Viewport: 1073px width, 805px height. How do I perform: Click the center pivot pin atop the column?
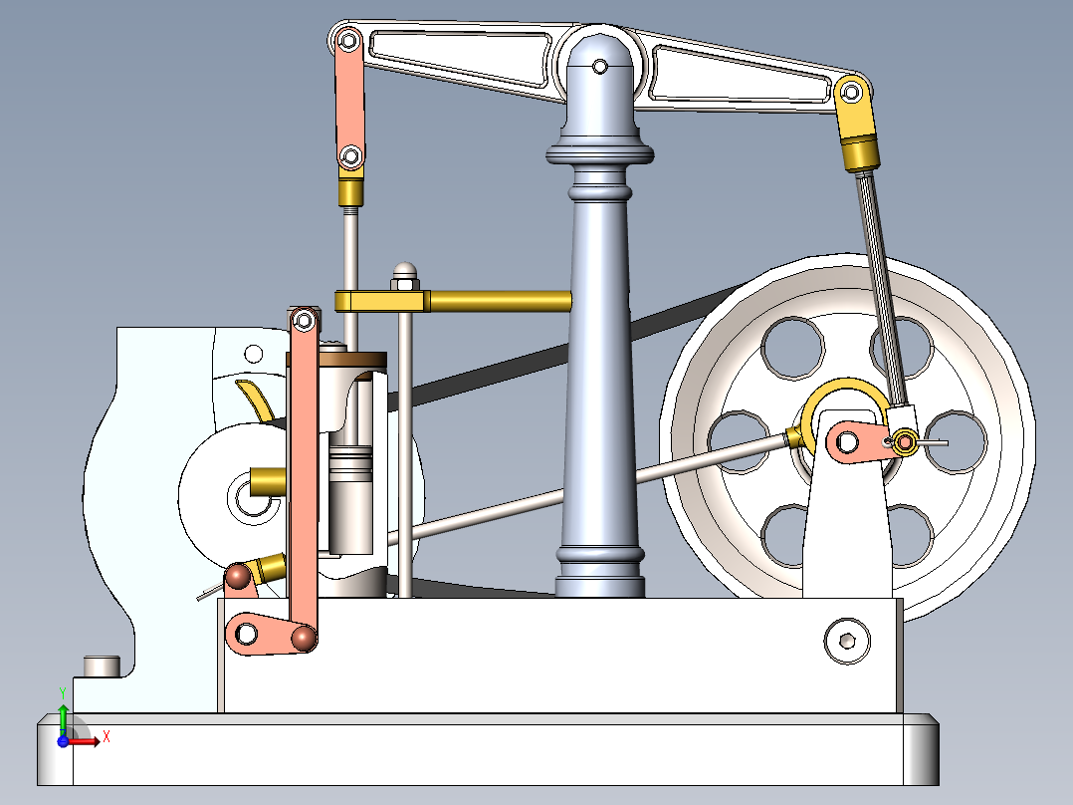[599, 67]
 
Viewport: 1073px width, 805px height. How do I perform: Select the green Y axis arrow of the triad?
[63, 715]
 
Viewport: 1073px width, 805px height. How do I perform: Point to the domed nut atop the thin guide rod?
[404, 272]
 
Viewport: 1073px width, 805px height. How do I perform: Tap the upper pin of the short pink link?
[348, 41]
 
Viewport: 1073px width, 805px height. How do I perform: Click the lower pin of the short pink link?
[349, 156]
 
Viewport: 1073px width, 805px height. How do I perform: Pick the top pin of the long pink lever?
[304, 321]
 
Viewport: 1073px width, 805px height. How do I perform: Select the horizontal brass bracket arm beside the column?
[498, 299]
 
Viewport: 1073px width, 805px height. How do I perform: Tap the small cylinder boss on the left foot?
[101, 665]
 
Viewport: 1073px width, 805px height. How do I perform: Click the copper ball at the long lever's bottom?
[304, 638]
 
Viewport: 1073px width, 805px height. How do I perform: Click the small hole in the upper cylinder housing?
[254, 353]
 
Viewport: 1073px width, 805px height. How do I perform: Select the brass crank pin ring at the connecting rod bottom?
[905, 441]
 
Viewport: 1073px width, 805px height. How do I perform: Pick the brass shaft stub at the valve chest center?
[266, 482]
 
